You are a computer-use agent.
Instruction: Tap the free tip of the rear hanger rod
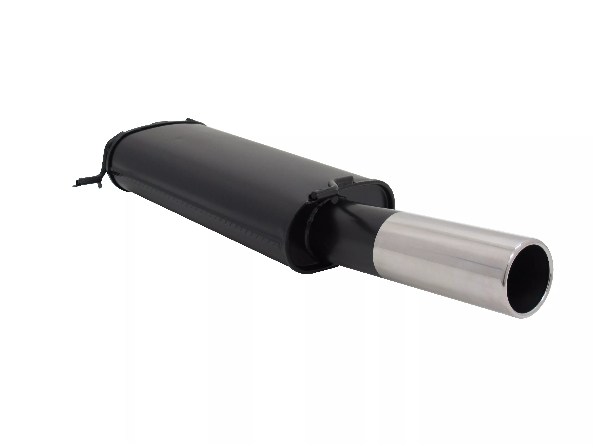click(74, 185)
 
